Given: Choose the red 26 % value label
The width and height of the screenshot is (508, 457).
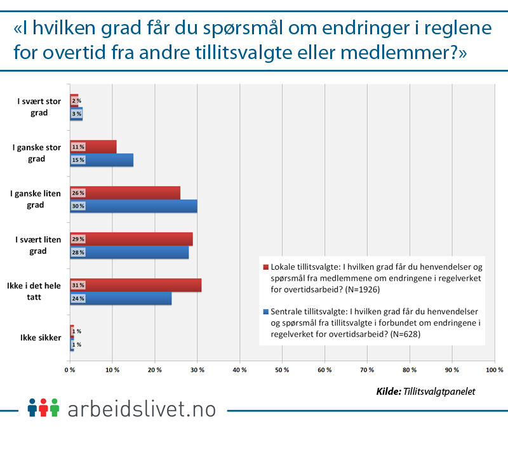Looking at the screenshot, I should coord(78,193).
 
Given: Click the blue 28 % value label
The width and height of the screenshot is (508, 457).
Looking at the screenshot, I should coord(78,252).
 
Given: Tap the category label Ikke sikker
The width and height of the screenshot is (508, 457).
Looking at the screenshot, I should coord(40,338).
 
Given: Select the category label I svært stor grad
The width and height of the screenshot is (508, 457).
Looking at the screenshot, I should coord(40,107).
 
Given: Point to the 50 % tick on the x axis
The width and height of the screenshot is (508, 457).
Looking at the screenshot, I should coord(282,369).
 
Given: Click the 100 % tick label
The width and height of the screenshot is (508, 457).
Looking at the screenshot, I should coord(493,369).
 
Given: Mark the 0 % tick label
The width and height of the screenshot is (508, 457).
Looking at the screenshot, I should coord(70,369).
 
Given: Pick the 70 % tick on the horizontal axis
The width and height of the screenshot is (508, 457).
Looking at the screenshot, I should coord(367,369).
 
